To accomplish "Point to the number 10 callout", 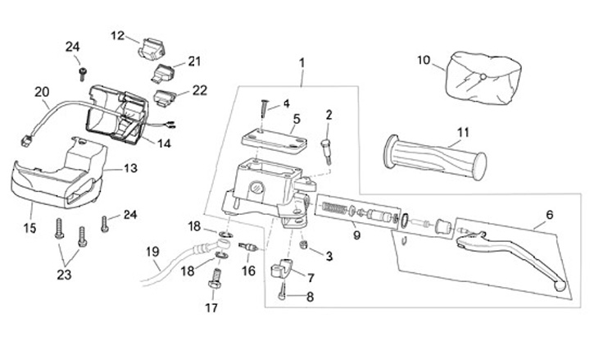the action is tap(424, 60).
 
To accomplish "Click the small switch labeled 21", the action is tap(163, 72).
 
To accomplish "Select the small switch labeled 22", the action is tap(164, 98).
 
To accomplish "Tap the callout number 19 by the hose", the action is tap(152, 252).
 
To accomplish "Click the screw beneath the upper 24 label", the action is tap(83, 74).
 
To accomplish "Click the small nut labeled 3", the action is tap(303, 245).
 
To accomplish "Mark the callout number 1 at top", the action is tap(302, 63).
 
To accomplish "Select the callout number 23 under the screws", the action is tap(64, 275).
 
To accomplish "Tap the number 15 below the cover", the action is tap(29, 228).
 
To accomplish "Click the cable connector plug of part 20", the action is tap(25, 142).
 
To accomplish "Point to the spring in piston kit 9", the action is tap(334, 207).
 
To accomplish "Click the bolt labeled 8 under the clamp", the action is tap(282, 292).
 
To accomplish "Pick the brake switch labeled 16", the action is tap(248, 247).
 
